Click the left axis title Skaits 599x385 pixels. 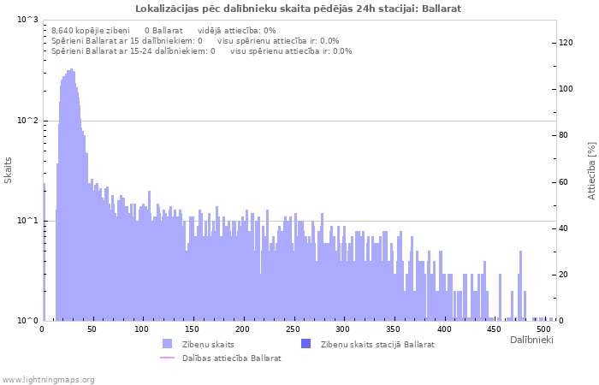[x=9, y=169]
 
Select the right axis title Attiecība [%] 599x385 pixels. [x=591, y=170]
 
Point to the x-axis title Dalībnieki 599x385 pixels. [x=531, y=341]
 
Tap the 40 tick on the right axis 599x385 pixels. [x=564, y=228]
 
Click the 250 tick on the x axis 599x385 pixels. [x=293, y=329]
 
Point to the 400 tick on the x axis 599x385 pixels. [x=443, y=329]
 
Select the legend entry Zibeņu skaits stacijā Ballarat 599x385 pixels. [x=377, y=345]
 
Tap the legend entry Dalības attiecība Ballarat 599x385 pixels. [x=231, y=358]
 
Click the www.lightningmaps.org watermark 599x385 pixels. [x=49, y=380]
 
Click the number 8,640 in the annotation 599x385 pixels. [x=64, y=31]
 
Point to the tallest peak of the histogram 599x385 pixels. [x=72, y=70]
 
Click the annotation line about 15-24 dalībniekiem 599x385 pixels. [x=201, y=51]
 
